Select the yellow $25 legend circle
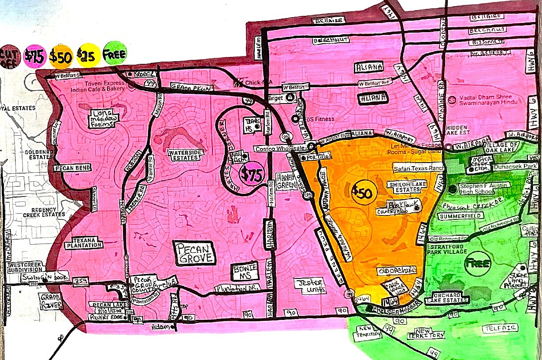click(x=88, y=55)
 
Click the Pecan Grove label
click(x=195, y=253)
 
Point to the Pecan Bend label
click(x=73, y=168)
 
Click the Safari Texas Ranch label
click(x=416, y=168)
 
